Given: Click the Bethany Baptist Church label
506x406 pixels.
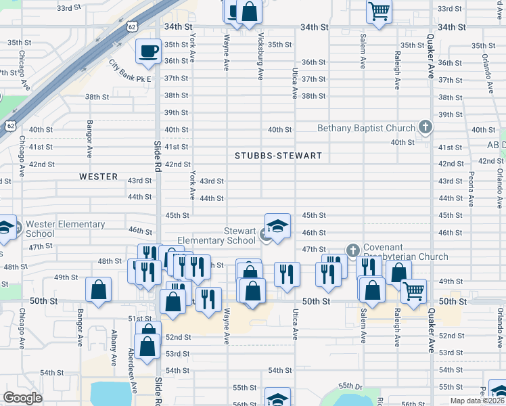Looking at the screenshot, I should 367,129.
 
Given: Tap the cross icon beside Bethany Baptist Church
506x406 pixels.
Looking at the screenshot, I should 425,127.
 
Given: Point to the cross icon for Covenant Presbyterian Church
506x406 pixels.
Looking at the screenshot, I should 352,250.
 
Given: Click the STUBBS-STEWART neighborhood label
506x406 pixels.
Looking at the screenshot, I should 278,156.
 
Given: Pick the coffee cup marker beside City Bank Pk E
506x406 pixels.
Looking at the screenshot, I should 148,50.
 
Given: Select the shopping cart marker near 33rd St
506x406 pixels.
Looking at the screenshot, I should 379,10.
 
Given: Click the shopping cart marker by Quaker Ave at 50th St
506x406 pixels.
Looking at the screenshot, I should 413,291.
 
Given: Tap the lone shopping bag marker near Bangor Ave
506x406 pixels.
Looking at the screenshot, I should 99,289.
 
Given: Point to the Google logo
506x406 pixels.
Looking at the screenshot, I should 22,398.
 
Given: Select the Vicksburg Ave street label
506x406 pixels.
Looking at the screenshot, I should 261,54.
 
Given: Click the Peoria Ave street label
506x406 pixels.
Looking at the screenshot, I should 471,184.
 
